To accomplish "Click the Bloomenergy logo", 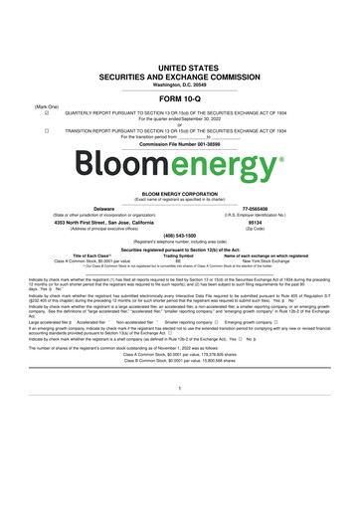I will pos(179,161).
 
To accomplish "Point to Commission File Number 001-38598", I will pos(179,144).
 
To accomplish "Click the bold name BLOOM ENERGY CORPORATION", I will pos(179,194).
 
